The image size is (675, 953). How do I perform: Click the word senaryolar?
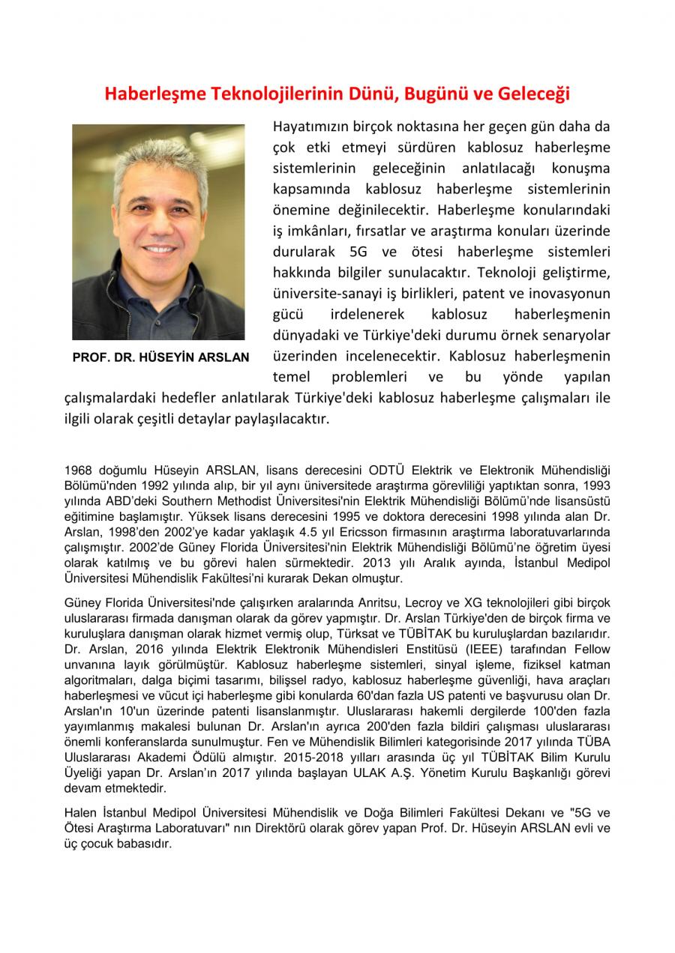click(572, 334)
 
